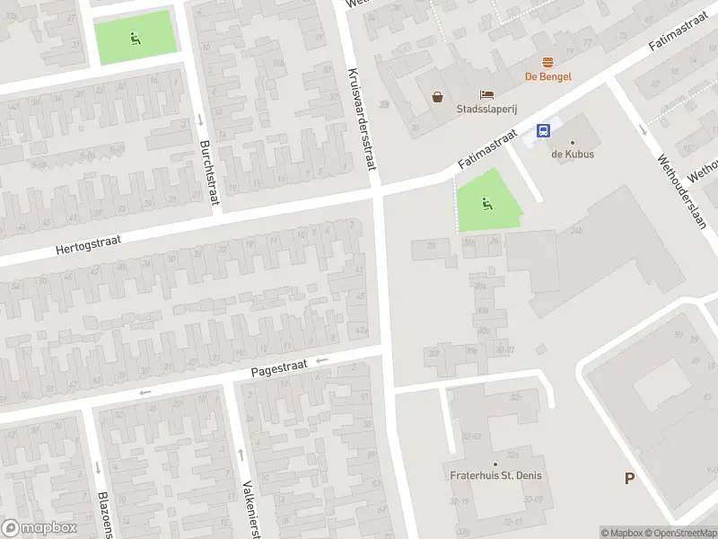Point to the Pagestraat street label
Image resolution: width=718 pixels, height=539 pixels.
tap(279, 367)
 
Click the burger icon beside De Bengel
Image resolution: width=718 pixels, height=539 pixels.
tap(547, 61)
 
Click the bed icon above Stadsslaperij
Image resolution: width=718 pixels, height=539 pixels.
tap(486, 94)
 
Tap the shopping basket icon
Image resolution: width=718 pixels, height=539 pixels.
tap(437, 97)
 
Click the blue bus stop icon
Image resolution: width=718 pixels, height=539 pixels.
tap(543, 130)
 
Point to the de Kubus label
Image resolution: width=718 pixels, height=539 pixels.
tap(573, 154)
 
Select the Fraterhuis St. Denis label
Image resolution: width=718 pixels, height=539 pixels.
tap(496, 475)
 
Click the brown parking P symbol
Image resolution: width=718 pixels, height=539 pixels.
tap(630, 478)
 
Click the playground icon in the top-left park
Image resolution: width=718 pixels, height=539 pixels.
tap(135, 38)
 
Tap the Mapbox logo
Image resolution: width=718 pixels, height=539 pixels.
tap(39, 527)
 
